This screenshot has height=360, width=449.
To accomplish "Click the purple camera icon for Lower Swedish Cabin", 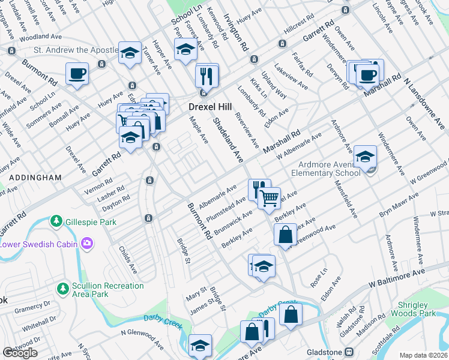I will pyautogui.click(x=88, y=243).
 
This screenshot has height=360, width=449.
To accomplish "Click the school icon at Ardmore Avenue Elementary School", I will pyautogui.click(x=365, y=157).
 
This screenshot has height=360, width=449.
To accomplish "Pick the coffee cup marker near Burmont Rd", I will pyautogui.click(x=77, y=74).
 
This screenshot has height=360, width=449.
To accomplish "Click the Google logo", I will pyautogui.click(x=20, y=353).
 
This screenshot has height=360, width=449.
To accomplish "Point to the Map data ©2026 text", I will pyautogui.click(x=423, y=355).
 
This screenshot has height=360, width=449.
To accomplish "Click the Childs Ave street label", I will pyautogui.click(x=128, y=259).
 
